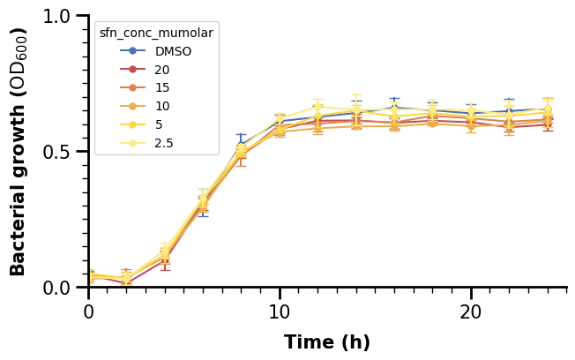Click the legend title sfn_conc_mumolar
tap(156, 33)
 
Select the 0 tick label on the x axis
tap(89, 311)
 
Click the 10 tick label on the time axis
tap(280, 311)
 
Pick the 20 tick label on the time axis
tap(471, 311)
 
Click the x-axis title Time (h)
tap(327, 342)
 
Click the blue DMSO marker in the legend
tap(132, 51)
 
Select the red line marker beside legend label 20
tap(132, 70)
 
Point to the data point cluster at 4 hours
tap(165, 257)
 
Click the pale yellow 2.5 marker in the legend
tap(132, 143)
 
